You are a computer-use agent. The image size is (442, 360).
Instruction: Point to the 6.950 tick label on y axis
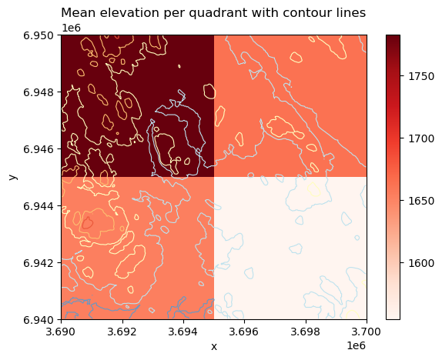(x=40, y=36)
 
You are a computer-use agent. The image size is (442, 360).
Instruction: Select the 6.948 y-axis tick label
(x=40, y=92)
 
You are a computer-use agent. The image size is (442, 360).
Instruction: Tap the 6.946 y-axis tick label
(x=40, y=149)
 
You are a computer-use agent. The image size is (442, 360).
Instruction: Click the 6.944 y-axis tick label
(x=40, y=206)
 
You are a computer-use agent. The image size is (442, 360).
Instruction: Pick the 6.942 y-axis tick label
(x=40, y=263)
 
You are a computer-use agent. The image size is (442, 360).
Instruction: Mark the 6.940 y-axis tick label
(x=40, y=320)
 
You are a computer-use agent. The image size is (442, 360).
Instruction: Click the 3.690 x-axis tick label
(x=61, y=332)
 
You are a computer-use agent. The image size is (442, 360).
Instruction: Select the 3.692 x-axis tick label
(x=122, y=332)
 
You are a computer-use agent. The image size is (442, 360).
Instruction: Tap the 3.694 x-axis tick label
(x=183, y=332)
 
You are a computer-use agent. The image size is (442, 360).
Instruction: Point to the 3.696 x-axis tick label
(x=244, y=332)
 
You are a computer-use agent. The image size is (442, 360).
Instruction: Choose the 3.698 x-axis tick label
(x=306, y=332)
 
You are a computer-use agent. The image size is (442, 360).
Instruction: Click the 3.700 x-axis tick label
(x=367, y=332)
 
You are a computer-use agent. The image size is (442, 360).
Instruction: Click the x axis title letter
(x=214, y=347)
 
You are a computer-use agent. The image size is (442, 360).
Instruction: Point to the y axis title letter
(x=12, y=177)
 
